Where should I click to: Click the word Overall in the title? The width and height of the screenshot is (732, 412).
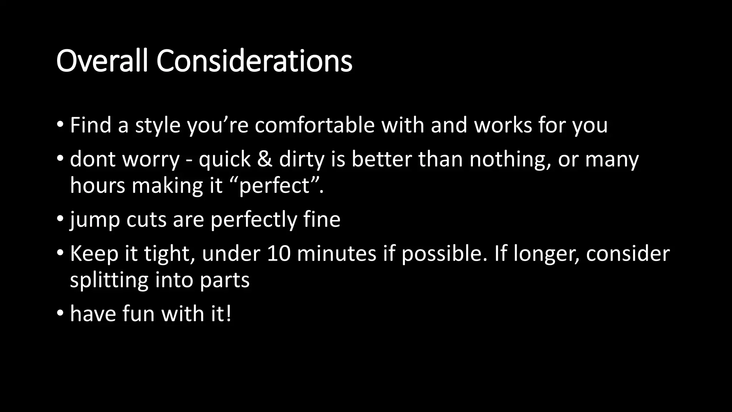(x=102, y=61)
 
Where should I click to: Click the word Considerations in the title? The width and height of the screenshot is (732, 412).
(x=254, y=61)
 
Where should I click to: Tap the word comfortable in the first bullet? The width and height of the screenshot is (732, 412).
(x=315, y=125)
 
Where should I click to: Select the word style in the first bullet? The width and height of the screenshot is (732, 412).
(x=158, y=126)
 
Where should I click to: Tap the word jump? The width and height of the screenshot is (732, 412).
(x=95, y=220)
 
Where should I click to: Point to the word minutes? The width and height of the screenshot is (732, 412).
(x=336, y=254)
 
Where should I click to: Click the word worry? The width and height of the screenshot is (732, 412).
(x=150, y=160)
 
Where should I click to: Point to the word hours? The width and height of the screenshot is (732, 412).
(x=98, y=186)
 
